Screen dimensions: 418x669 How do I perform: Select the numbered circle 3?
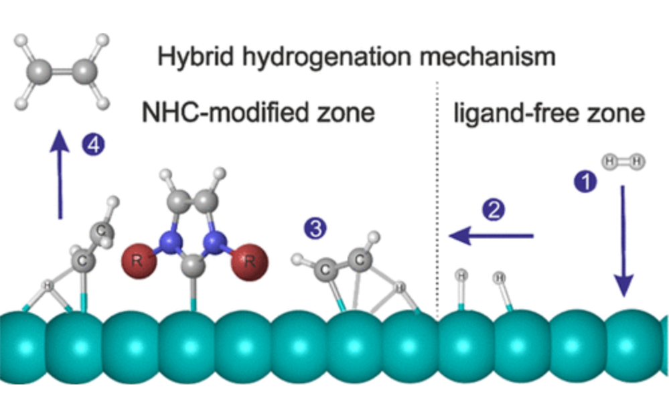pyautogui.click(x=316, y=229)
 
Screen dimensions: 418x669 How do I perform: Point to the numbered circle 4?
pyautogui.click(x=93, y=145)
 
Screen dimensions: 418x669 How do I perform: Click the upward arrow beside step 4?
pyautogui.click(x=60, y=175)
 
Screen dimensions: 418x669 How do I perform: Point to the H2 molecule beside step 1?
pyautogui.click(x=623, y=161)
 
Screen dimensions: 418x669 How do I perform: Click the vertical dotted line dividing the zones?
pyautogui.click(x=437, y=201)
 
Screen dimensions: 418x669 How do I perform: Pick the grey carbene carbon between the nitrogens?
pyautogui.click(x=194, y=262)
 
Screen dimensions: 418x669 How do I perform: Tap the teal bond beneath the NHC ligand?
pyautogui.click(x=194, y=301)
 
